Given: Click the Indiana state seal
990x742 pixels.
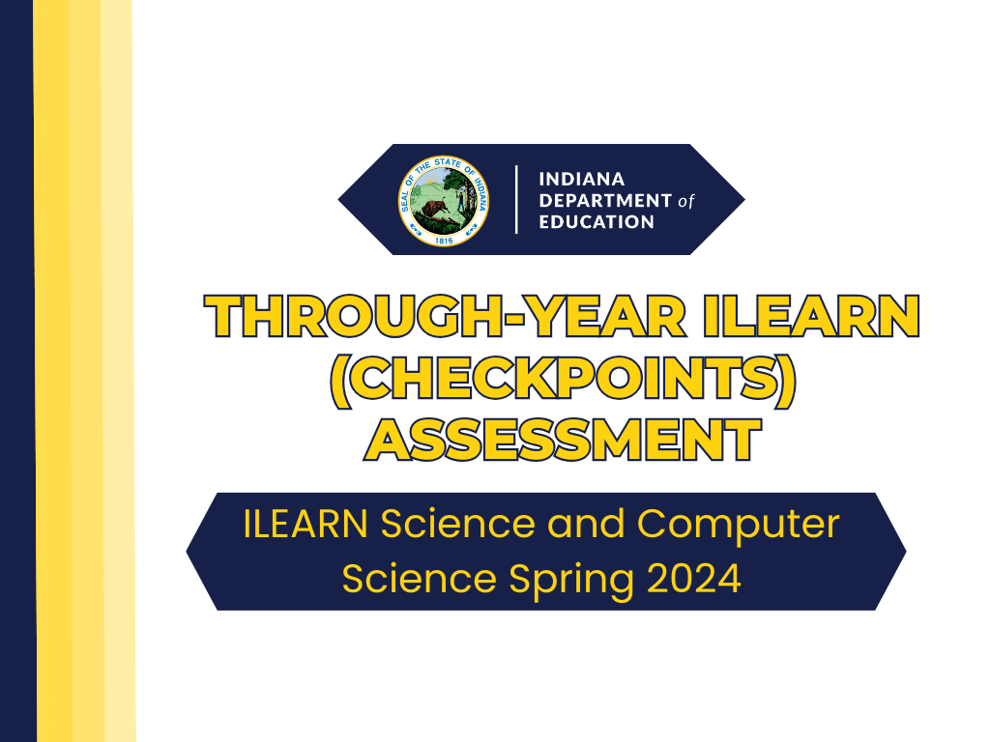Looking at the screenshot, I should (x=445, y=200).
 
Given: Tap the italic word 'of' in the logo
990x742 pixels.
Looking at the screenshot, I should (x=685, y=201).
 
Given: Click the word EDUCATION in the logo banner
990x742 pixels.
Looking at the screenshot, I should (x=597, y=222).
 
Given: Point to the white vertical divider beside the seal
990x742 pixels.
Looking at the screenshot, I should (x=516, y=200).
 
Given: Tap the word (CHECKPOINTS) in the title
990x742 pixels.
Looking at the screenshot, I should (x=563, y=380).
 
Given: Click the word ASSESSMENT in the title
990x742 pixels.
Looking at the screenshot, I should (x=564, y=440).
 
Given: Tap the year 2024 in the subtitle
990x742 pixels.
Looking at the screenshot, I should (x=694, y=579).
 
